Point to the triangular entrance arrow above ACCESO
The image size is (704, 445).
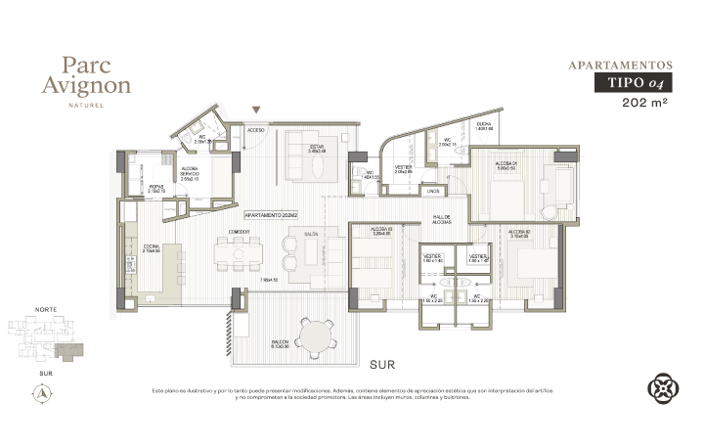click(257, 111)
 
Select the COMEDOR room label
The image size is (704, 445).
click(240, 232)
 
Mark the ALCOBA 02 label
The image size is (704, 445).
click(519, 232)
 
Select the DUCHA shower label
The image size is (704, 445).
click(484, 124)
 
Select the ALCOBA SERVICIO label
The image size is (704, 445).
click(190, 172)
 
